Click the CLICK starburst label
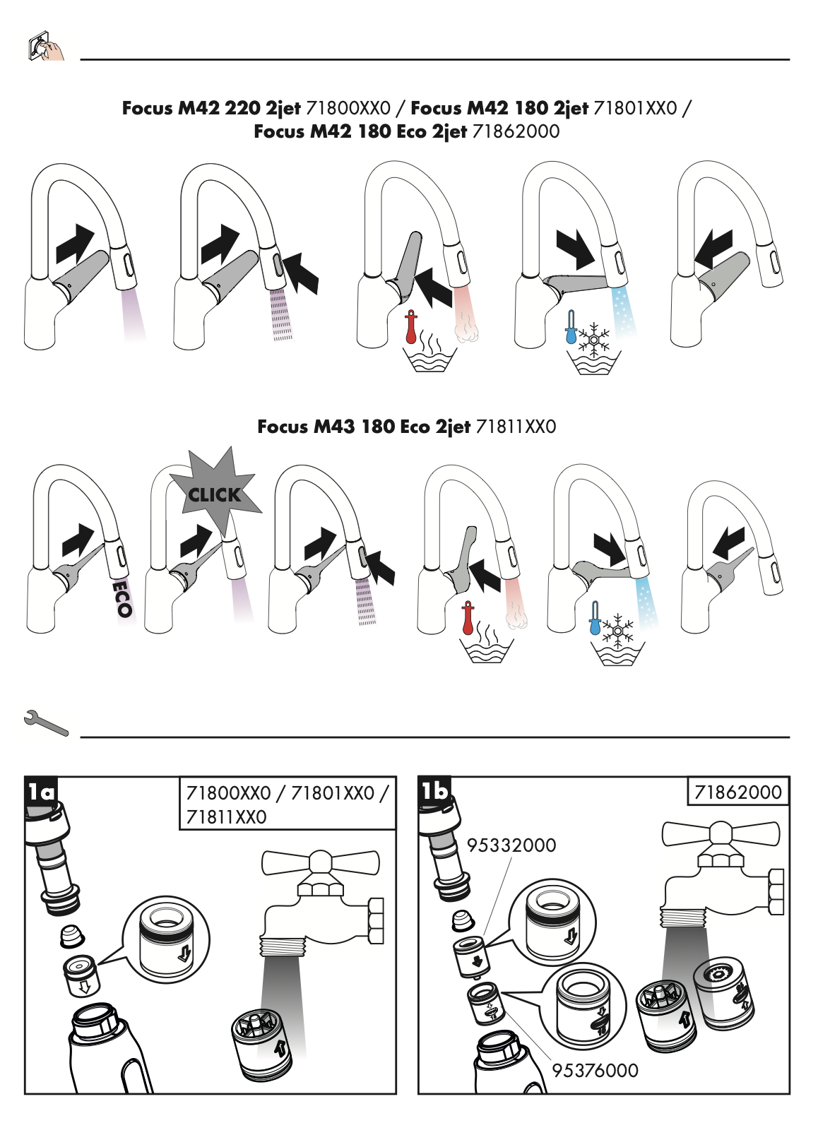(x=215, y=494)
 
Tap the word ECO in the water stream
(x=123, y=598)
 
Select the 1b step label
(x=434, y=790)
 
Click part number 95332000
(x=511, y=845)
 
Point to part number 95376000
(x=595, y=1071)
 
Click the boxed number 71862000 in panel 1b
(x=738, y=792)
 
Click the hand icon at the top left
(x=46, y=47)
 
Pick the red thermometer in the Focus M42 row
(x=411, y=328)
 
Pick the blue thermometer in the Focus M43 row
(x=595, y=619)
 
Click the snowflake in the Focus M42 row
(x=594, y=339)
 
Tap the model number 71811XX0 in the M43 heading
(x=516, y=427)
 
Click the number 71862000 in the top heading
(x=516, y=131)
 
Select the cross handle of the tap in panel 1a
(x=320, y=862)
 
